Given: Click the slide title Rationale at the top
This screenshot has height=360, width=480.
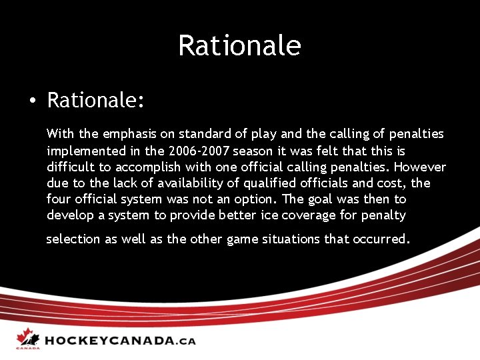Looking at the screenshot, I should click(x=239, y=45).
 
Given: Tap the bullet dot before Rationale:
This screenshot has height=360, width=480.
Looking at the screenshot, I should click(x=31, y=101).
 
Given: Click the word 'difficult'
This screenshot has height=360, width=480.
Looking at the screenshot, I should click(x=70, y=167).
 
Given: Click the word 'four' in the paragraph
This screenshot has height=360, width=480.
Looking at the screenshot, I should click(x=59, y=199).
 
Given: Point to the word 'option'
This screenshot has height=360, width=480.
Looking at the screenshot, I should click(x=257, y=199).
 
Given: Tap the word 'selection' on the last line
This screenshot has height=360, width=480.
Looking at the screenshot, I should click(x=73, y=239).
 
